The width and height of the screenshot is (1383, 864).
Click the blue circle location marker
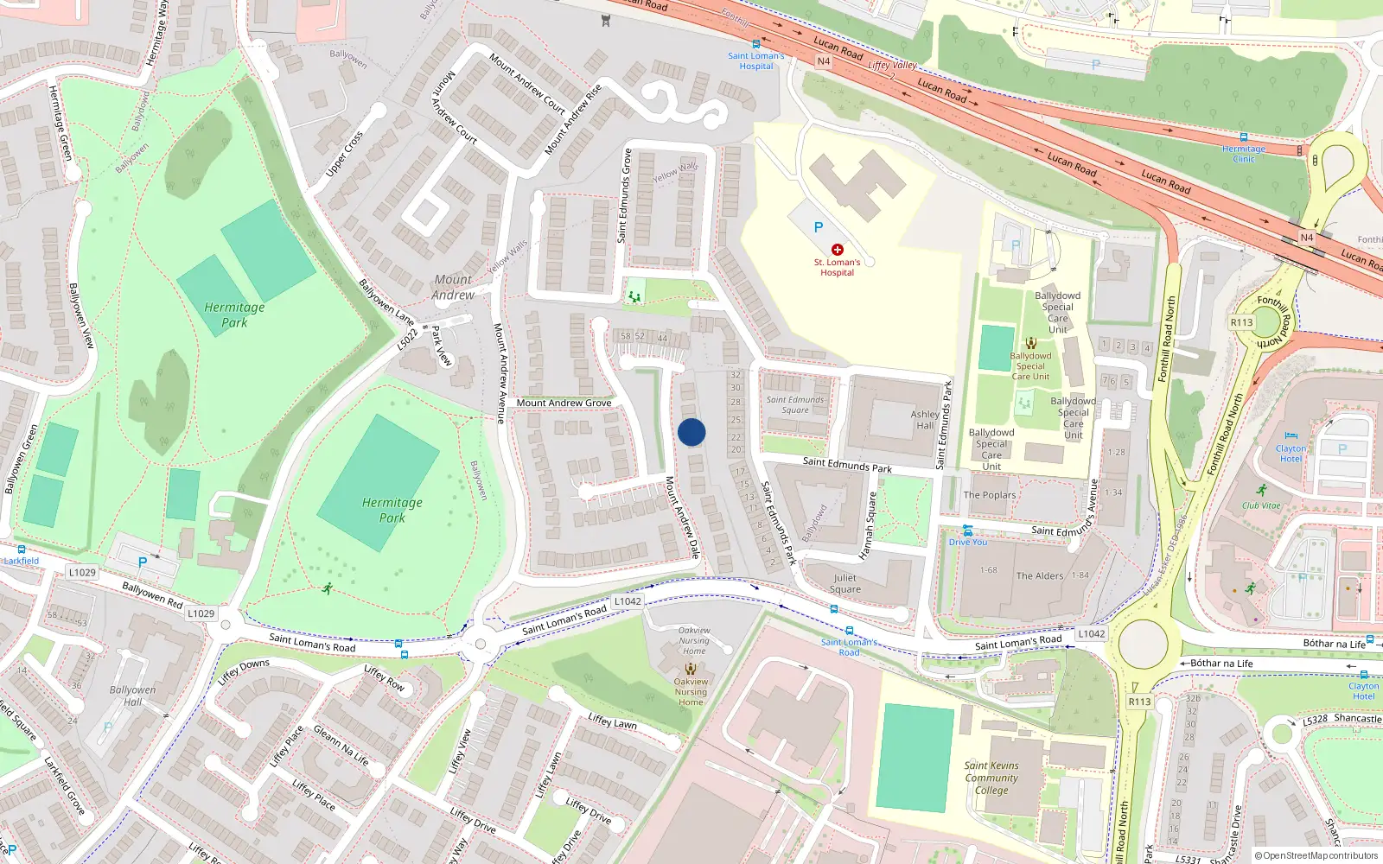(x=691, y=432)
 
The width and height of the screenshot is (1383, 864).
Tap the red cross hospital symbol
(x=837, y=250)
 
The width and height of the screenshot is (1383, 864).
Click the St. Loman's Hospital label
(x=837, y=267)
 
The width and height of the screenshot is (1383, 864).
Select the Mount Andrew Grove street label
(x=564, y=403)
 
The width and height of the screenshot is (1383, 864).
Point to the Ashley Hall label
(x=925, y=420)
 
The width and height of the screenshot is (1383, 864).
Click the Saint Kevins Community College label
(x=991, y=778)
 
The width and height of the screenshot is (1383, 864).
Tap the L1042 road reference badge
(x=628, y=601)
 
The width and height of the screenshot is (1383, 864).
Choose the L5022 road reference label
(x=407, y=339)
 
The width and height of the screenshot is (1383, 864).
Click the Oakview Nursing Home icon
(x=691, y=668)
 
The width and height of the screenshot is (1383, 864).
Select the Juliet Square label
(x=845, y=583)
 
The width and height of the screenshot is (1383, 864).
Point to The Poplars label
(x=990, y=495)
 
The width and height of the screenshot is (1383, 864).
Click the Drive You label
(x=968, y=542)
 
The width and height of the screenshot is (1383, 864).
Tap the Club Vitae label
(x=1261, y=505)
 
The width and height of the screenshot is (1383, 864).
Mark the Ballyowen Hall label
(x=132, y=696)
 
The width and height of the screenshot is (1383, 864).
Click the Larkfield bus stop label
(x=22, y=561)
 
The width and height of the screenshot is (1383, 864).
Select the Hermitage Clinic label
(x=1243, y=154)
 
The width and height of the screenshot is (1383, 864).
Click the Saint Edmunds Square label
(x=795, y=404)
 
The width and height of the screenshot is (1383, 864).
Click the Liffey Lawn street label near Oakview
(x=612, y=721)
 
